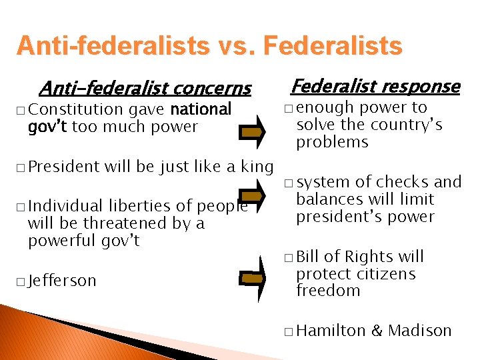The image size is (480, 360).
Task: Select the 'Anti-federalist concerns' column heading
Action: tap(145, 88)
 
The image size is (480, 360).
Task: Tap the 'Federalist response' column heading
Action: tap(375, 86)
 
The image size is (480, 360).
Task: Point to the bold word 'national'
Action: tap(201, 109)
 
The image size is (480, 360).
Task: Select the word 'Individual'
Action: tap(66, 206)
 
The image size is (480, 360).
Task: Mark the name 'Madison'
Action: tap(420, 330)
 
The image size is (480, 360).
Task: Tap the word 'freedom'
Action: tap(327, 291)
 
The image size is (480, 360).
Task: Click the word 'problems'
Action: tap(332, 142)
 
